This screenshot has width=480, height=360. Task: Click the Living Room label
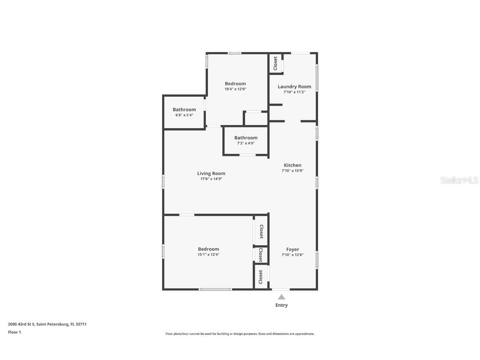coord(211,173)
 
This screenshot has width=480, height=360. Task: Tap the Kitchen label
coord(292,165)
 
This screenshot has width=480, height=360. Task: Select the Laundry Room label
coord(294,87)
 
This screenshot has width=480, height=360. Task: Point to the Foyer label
coord(292,249)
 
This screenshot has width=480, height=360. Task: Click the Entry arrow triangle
coord(281,297)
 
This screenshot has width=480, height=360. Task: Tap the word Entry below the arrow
coord(281,305)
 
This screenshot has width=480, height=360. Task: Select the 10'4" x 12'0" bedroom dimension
coord(235,89)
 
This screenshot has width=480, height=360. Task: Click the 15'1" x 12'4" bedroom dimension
coord(208,254)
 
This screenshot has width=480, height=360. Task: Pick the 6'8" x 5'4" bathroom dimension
coord(184,115)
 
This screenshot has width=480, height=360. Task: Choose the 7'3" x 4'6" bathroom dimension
coord(245,143)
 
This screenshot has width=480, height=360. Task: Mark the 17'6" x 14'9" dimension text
coord(211,179)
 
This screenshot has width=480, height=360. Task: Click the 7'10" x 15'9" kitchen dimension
coord(292,170)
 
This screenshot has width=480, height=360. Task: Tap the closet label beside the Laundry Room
coord(275,64)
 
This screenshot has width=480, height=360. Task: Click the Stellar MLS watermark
coord(460,180)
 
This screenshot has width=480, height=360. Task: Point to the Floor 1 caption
coord(14,332)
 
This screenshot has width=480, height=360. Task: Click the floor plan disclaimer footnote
coord(240,334)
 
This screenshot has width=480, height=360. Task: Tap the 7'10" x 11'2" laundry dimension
coord(294,92)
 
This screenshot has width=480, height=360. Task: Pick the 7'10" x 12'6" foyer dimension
coord(292,255)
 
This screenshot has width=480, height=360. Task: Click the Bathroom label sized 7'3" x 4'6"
coord(245,137)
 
